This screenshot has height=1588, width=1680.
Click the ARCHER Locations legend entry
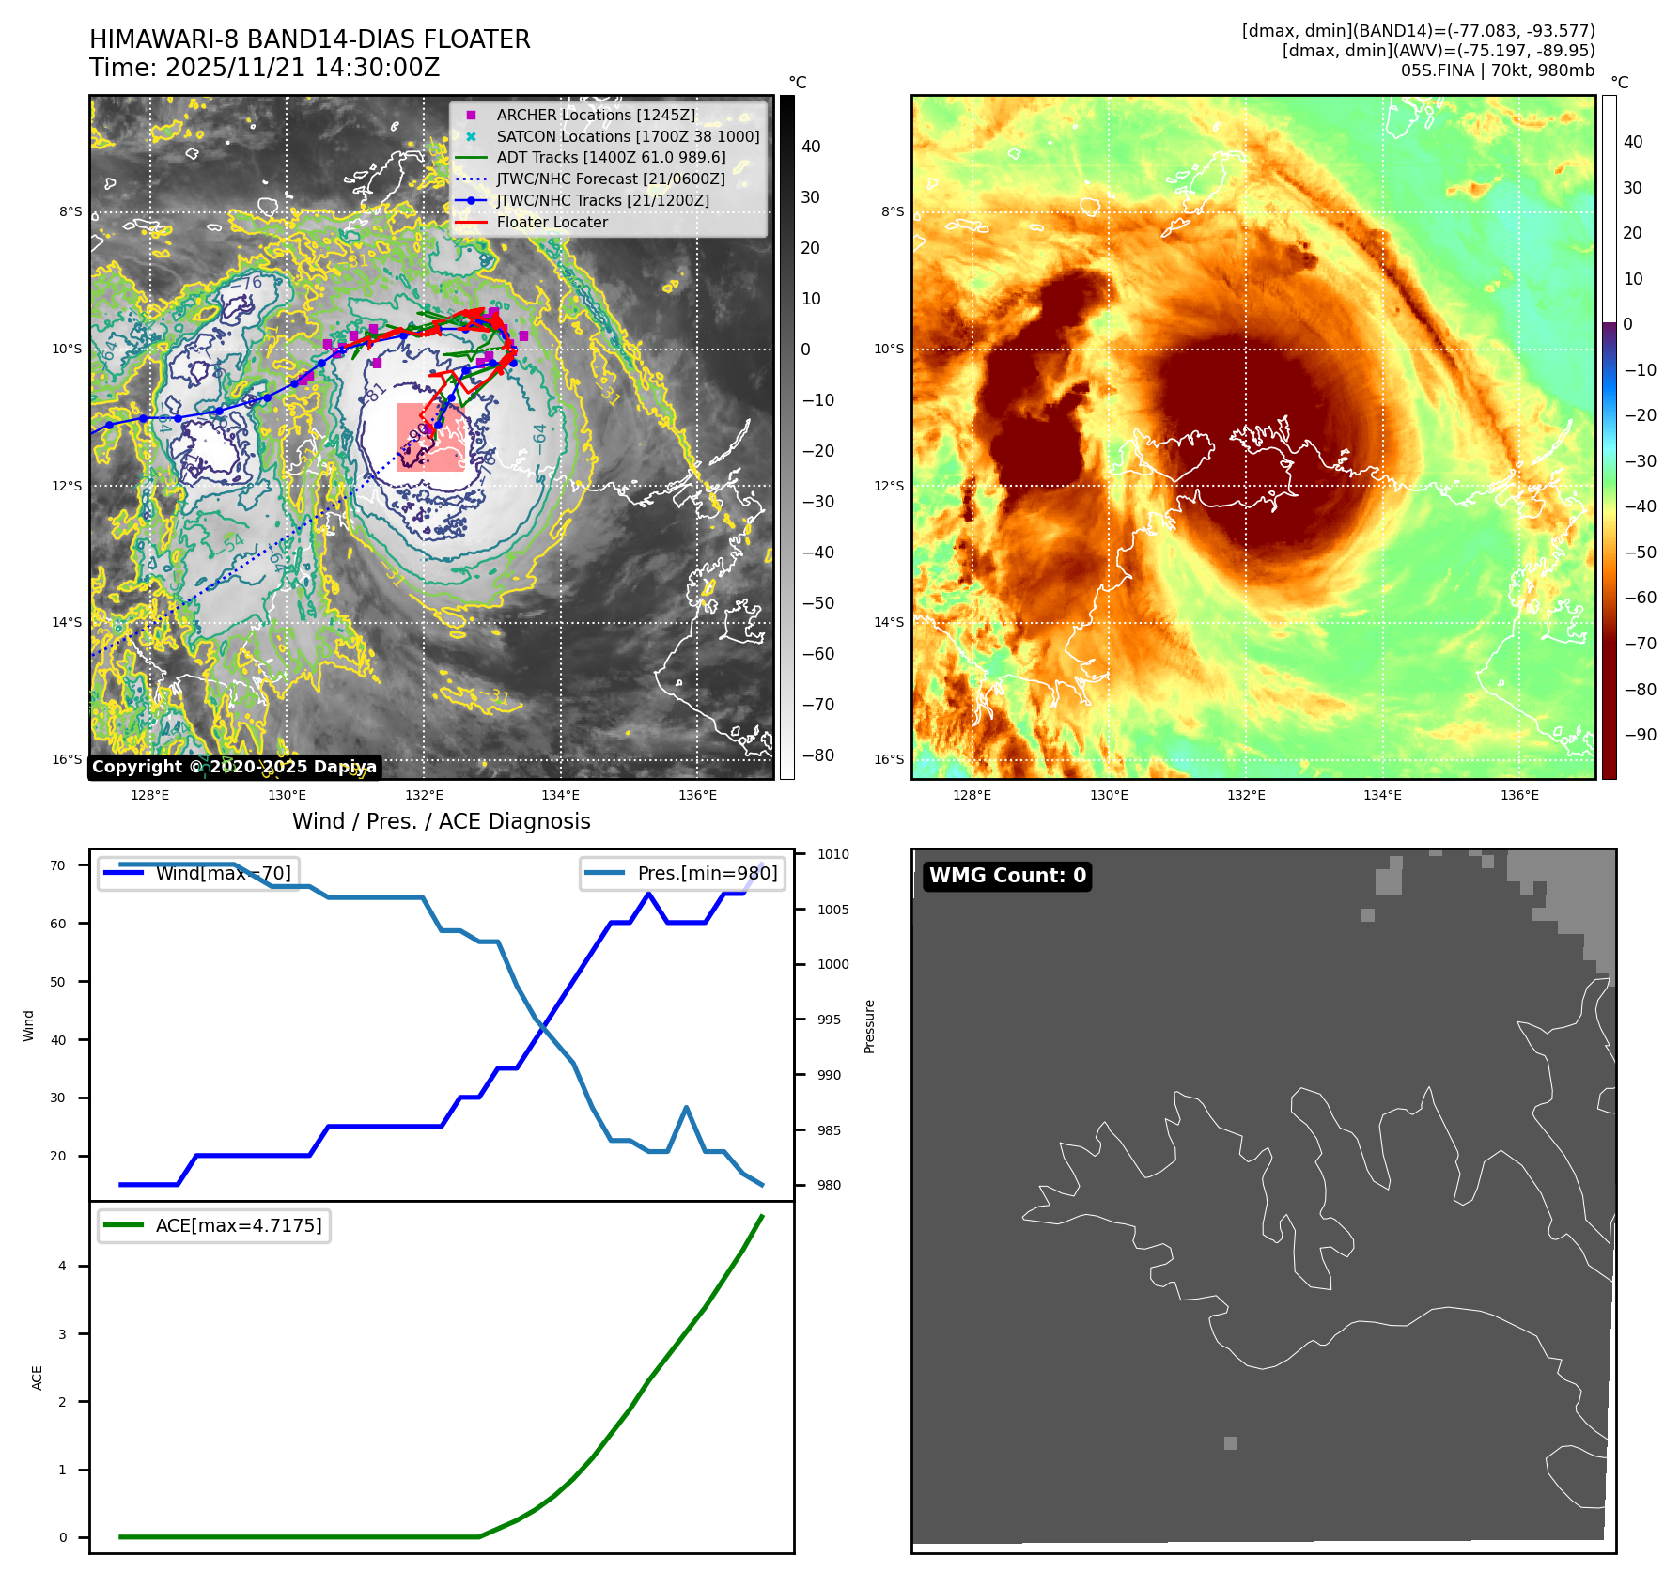coord(596,115)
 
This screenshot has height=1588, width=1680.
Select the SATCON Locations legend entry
coord(628,136)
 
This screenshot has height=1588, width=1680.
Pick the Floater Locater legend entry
coord(552,223)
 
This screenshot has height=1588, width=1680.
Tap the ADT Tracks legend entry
coord(611,158)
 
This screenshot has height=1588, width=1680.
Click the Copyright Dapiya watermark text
coord(234,767)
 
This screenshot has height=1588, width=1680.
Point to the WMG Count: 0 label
coord(1006,876)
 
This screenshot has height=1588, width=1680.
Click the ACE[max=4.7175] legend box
coord(214,1225)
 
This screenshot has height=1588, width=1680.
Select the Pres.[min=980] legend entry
coord(683,873)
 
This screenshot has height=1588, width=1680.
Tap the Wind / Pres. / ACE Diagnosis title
coord(441,821)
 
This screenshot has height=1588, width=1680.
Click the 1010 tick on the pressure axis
coord(832,854)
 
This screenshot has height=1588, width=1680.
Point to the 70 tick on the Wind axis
coord(58,865)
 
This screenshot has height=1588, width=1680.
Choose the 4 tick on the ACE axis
coord(63,1266)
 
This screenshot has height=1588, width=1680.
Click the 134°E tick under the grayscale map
coord(561,795)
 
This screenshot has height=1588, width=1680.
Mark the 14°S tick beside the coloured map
coord(889,622)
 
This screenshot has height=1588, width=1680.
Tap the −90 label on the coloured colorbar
coord(1641,735)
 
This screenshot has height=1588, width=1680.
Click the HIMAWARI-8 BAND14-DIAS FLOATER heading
coord(309,39)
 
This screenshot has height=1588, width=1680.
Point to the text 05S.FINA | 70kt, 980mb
coord(1497,70)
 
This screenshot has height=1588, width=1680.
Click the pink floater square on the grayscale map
coord(431,437)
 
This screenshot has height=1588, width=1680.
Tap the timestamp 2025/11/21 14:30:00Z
coord(303,68)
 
